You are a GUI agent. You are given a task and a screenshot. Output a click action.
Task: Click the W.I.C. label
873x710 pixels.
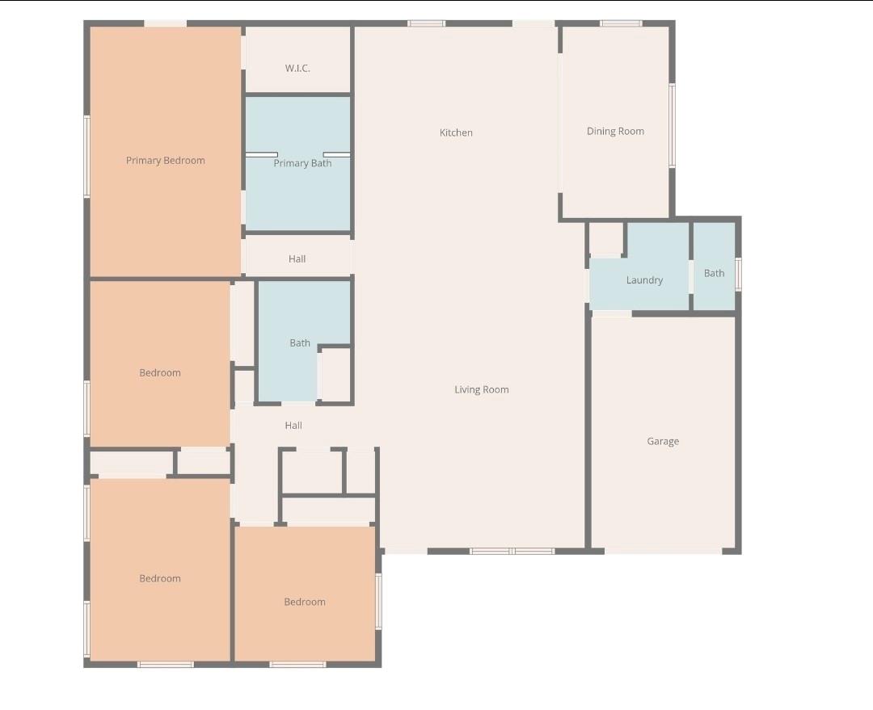pos(297,69)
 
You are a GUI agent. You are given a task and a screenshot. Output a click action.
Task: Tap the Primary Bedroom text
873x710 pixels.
pos(166,161)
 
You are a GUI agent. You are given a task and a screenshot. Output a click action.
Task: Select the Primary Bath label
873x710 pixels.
pos(302,164)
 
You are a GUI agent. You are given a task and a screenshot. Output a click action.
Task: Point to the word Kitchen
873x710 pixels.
pos(456,132)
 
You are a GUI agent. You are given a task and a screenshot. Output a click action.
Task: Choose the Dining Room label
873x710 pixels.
pos(615,132)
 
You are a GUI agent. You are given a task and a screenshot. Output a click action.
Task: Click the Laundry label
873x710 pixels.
pos(644,280)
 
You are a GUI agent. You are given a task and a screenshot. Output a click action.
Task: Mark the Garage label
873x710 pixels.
pos(663,442)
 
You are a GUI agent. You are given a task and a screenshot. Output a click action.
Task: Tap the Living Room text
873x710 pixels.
pos(482,390)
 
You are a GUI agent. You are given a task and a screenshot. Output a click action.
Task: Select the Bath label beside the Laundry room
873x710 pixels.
pos(714,273)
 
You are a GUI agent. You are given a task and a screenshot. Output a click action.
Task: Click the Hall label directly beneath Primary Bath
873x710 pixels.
pos(297,259)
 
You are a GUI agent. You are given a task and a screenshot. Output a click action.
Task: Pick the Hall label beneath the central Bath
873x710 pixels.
pos(293,426)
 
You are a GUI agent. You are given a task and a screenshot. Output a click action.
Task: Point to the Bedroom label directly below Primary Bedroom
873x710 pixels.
pos(160,373)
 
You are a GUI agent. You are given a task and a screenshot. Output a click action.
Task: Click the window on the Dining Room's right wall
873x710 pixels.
pos(672,125)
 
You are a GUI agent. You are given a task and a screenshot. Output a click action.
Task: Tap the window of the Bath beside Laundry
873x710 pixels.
pos(738,274)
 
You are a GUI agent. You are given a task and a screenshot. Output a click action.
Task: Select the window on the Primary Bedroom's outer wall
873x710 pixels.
pos(86,156)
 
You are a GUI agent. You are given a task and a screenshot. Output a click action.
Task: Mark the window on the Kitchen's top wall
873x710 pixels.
pos(426,23)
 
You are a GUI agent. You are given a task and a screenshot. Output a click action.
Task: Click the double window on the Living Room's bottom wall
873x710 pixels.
pos(512,551)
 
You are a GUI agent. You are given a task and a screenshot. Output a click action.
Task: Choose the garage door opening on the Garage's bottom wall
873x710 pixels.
pos(663,551)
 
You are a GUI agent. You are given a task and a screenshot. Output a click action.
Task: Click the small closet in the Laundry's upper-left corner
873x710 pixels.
pos(605,238)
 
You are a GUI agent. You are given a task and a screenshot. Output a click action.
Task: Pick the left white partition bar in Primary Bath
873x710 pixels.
pos(262,154)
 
